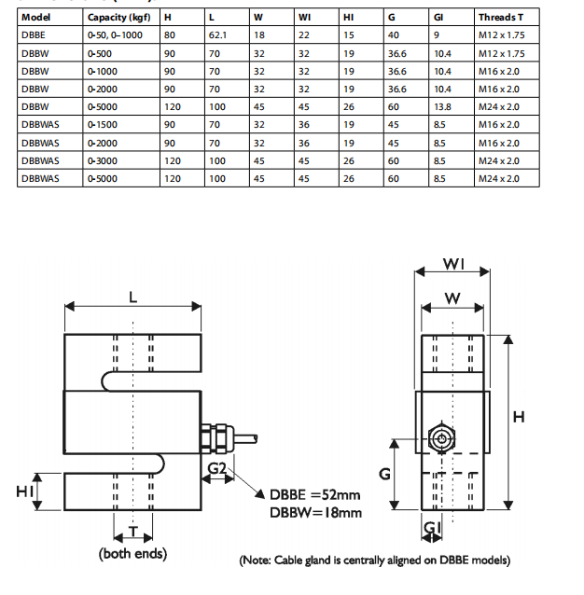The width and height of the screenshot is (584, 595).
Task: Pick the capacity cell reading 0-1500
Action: [x=102, y=124]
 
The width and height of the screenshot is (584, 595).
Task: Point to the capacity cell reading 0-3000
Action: [x=102, y=159]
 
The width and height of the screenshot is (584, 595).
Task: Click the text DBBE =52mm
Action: [x=314, y=494]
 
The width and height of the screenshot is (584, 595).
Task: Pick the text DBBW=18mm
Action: [x=315, y=512]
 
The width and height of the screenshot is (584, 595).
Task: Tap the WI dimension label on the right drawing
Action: [x=453, y=264]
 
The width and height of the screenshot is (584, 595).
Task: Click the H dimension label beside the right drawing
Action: [x=520, y=416]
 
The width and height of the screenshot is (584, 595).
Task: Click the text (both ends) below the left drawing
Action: [x=132, y=554]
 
